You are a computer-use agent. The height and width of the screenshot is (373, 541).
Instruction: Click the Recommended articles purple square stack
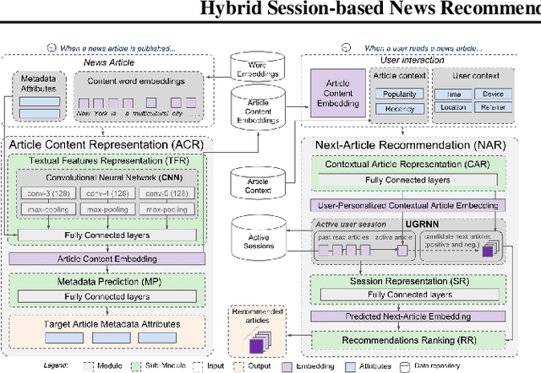tap(255, 342)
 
